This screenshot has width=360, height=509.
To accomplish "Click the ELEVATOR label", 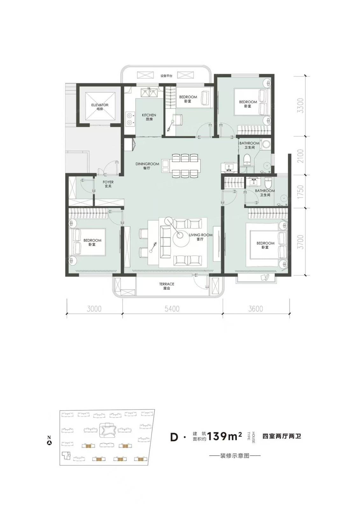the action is [100, 105].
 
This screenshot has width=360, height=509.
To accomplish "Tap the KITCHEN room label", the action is [149, 115].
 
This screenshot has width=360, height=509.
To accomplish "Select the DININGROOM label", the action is [147, 164].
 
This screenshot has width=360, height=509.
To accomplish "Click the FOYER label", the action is [108, 182].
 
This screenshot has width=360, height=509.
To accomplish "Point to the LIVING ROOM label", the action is [201, 235].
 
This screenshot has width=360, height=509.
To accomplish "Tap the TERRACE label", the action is [167, 284].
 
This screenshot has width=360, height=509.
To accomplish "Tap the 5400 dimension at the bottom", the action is [172, 309].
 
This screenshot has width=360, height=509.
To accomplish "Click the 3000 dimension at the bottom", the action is [94, 309].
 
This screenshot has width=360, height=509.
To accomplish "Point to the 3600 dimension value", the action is [256, 309].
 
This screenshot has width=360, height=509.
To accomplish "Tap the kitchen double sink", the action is [149, 93].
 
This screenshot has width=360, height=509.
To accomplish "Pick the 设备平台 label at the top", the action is [166, 76].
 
